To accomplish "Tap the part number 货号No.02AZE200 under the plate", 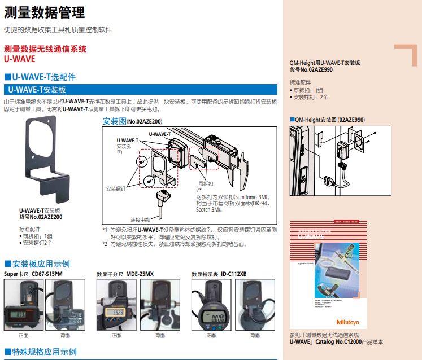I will click(x=41, y=216).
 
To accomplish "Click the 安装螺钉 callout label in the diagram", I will click(x=116, y=188).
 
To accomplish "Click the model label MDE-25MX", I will click(x=140, y=274).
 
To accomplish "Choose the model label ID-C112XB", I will click(x=233, y=274).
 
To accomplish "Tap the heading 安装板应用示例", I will click(x=41, y=264).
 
